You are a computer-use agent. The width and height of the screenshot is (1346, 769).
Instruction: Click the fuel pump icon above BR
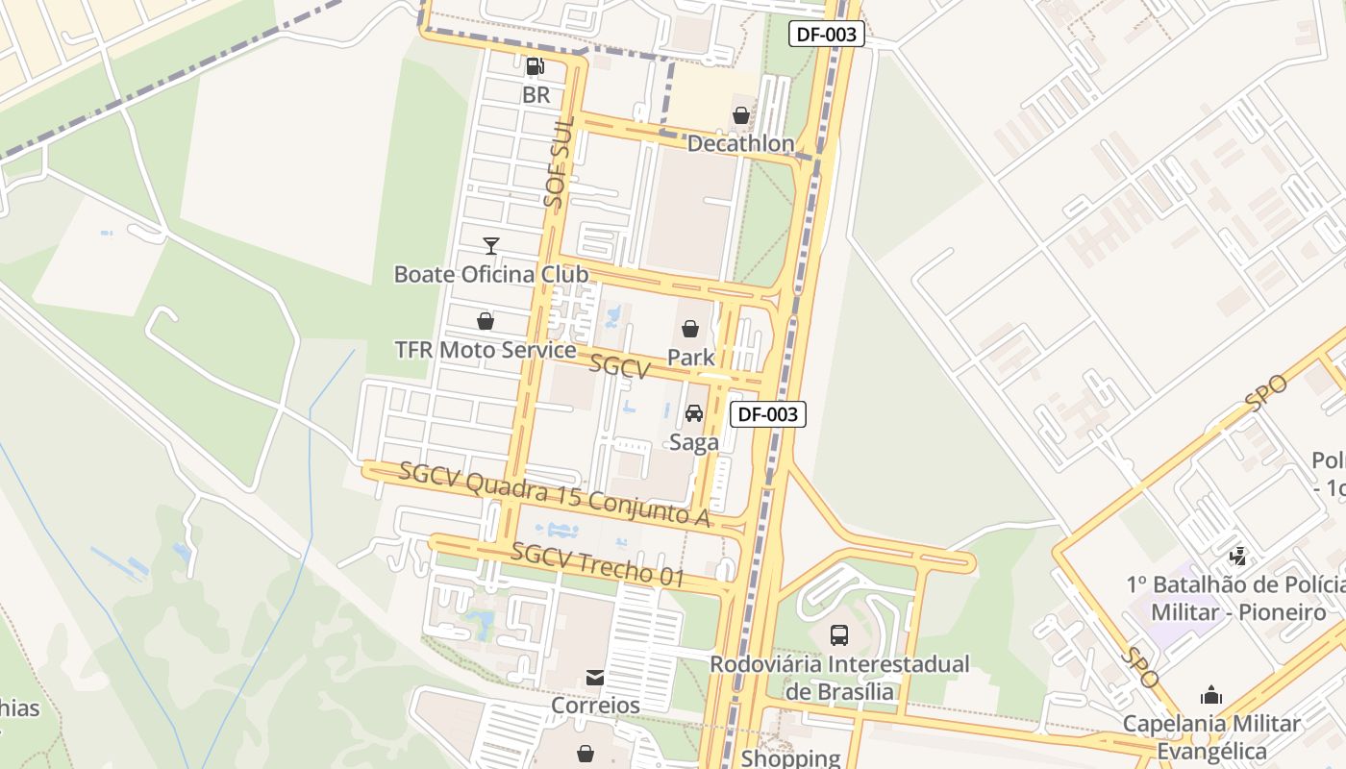pos(535,66)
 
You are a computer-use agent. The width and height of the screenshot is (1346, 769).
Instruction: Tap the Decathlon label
pos(740,144)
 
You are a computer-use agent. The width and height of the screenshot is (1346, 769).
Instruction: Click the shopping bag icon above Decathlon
pos(741,116)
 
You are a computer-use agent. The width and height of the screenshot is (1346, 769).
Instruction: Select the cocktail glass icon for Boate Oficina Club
pos(491,246)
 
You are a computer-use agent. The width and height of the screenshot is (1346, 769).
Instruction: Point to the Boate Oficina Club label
pos(491,274)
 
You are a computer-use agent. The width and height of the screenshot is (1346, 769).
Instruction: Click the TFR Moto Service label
pos(486,350)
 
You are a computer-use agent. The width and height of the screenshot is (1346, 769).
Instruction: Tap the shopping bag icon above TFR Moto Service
pos(486,321)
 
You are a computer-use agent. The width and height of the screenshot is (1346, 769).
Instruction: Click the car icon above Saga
pos(693,413)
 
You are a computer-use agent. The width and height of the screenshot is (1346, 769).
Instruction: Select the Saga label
pos(693,442)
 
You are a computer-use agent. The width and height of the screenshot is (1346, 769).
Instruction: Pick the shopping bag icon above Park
pos(690,329)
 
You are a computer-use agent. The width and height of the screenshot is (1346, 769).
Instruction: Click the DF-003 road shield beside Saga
pos(768,414)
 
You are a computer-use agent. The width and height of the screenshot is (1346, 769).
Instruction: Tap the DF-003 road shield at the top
pos(827,35)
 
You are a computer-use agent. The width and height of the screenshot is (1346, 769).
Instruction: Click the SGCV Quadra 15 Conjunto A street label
pos(554,494)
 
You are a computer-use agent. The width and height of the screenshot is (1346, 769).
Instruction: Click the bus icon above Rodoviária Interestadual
pos(839,634)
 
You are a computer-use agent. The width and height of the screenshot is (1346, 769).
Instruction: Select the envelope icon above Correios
pos(595,678)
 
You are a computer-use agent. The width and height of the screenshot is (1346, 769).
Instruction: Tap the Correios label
pos(595,706)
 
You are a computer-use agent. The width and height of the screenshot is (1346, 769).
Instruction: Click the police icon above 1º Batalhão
pos(1238,556)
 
